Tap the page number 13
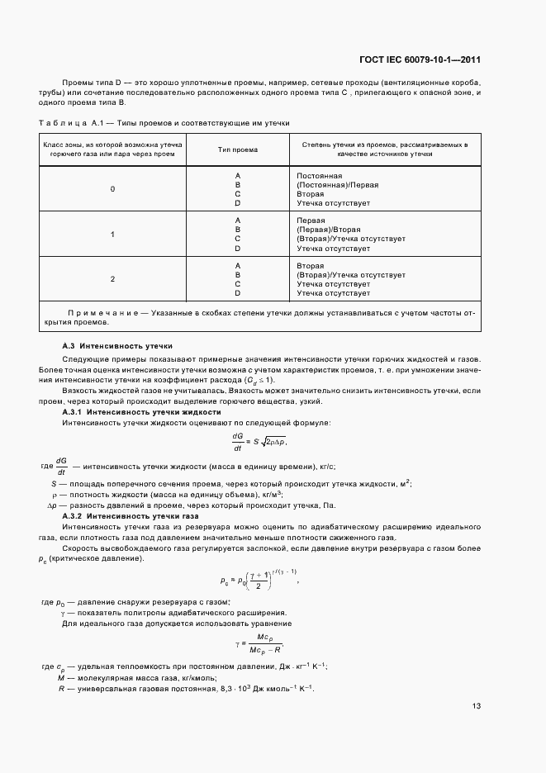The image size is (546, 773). point(477,705)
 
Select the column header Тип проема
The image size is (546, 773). point(238,149)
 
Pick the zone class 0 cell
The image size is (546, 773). point(112,189)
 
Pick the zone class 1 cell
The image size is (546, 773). point(112,235)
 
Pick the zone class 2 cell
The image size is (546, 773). point(112,279)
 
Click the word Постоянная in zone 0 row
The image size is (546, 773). point(319,176)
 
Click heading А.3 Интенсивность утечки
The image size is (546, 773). point(117,345)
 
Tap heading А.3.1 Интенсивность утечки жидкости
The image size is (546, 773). point(141,411)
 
